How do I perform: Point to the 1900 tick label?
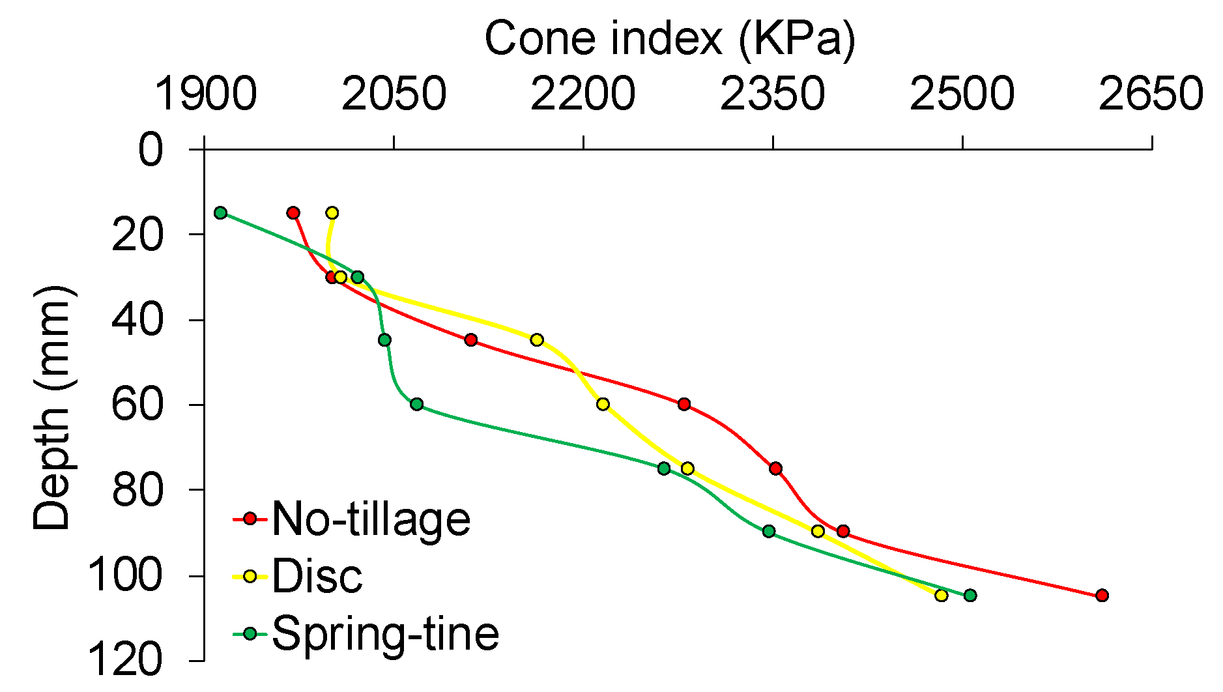[205, 94]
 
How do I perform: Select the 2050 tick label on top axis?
[394, 94]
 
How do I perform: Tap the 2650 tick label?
[1151, 94]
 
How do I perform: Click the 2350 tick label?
[773, 94]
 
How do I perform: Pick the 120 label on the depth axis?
[124, 661]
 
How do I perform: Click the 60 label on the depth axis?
[137, 405]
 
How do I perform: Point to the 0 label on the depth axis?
[151, 150]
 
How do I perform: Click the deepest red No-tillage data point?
[1102, 595]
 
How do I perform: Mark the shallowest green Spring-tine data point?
[220, 212]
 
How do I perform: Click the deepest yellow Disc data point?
[941, 595]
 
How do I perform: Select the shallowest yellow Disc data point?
[332, 212]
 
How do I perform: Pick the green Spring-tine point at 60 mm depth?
[417, 404]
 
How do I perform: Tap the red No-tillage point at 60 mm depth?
[683, 404]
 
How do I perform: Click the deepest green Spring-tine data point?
[970, 595]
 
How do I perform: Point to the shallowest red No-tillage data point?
[293, 212]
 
